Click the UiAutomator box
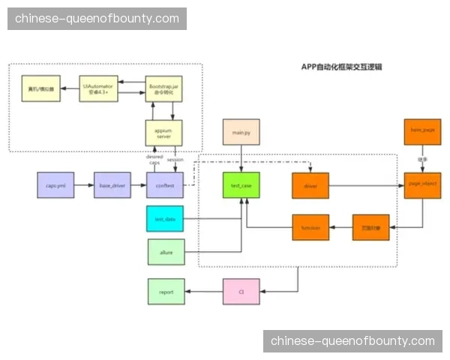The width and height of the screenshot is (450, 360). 98,90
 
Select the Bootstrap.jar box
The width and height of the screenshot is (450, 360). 163,90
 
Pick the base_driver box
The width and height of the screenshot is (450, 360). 111,184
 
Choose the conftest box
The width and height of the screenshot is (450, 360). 164,184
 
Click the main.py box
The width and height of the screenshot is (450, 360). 241,132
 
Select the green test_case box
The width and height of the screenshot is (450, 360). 241,185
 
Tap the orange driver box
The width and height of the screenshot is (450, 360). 310,185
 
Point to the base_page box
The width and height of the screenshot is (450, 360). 421,132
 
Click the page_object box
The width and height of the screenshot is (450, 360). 421,184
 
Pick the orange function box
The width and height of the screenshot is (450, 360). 310,226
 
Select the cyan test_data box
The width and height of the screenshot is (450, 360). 164,218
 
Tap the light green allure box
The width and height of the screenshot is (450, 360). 165,253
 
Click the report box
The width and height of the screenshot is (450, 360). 165,291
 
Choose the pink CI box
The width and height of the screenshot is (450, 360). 241,291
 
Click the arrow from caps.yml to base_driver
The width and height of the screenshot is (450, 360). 83,184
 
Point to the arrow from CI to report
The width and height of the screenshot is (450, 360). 203,291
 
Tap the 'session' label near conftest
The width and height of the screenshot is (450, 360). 175,160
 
